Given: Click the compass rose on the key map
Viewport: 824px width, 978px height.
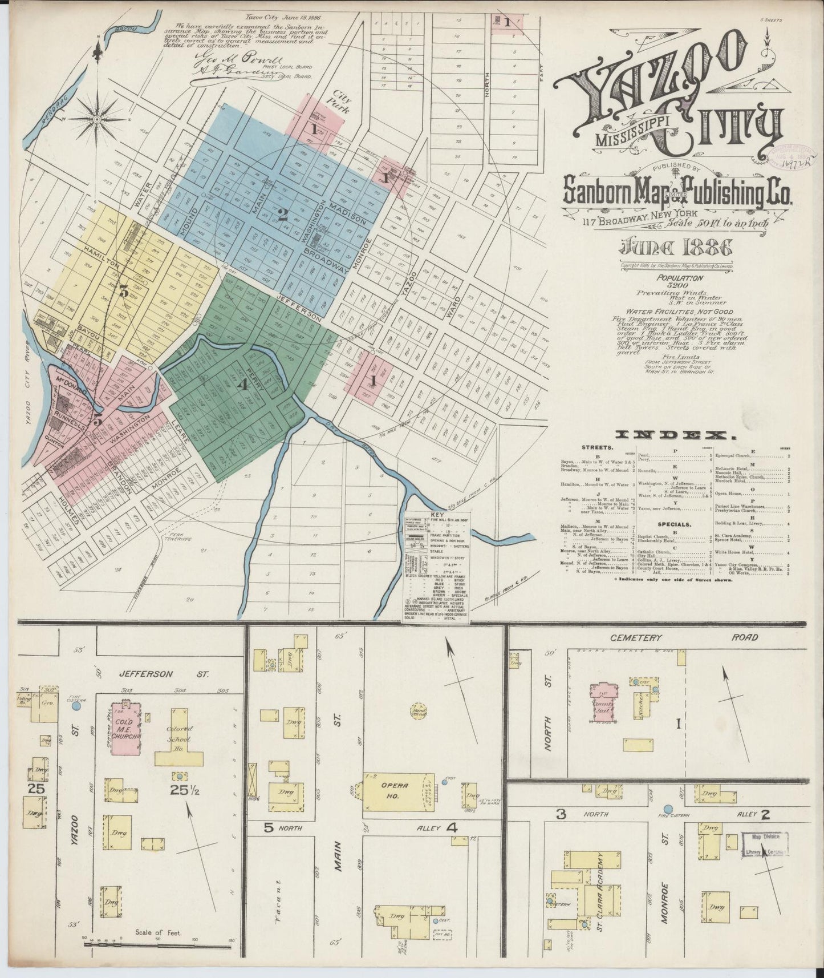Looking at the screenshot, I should click(97, 119).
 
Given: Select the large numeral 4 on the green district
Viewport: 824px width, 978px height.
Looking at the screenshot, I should click(243, 385).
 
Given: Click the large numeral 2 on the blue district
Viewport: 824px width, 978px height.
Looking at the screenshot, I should click(282, 215).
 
